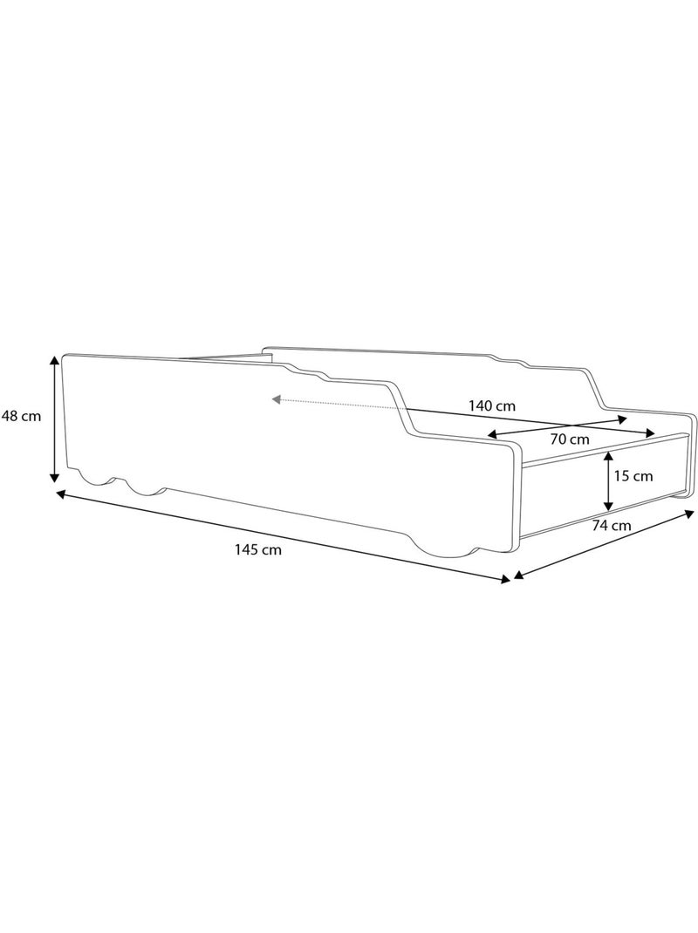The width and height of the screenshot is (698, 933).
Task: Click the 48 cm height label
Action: tap(22, 417)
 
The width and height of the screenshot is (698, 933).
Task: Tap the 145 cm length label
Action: tap(258, 550)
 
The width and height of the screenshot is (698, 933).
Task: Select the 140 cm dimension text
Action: tap(491, 406)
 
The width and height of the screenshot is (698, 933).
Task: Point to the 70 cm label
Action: tap(570, 439)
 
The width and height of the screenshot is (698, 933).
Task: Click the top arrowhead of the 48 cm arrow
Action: tap(54, 361)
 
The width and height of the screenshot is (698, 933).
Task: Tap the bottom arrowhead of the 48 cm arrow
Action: tap(54, 476)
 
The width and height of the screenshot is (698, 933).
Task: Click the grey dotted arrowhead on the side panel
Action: tap(277, 398)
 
